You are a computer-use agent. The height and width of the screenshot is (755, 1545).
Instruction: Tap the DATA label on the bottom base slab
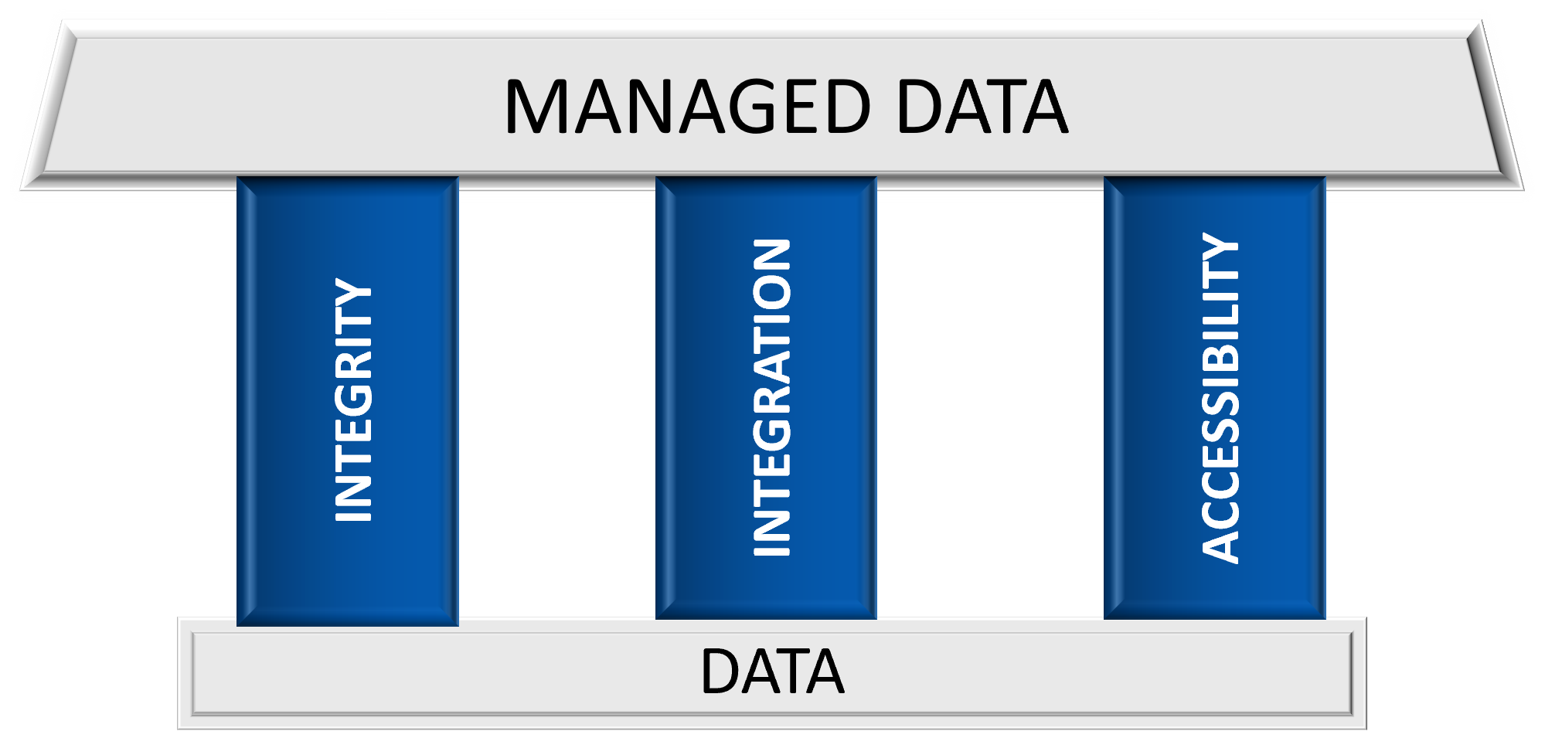pyautogui.click(x=771, y=672)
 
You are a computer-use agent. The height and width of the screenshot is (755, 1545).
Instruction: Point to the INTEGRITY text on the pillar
pyautogui.click(x=354, y=400)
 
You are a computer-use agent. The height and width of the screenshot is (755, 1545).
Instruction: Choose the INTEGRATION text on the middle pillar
pyautogui.click(x=771, y=397)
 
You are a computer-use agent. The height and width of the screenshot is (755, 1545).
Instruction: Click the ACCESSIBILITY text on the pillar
pyautogui.click(x=1220, y=397)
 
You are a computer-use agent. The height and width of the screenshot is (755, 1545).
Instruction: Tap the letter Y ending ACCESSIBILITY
pyautogui.click(x=1220, y=247)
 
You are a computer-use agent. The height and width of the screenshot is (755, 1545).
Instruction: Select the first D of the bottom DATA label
pyautogui.click(x=719, y=672)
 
